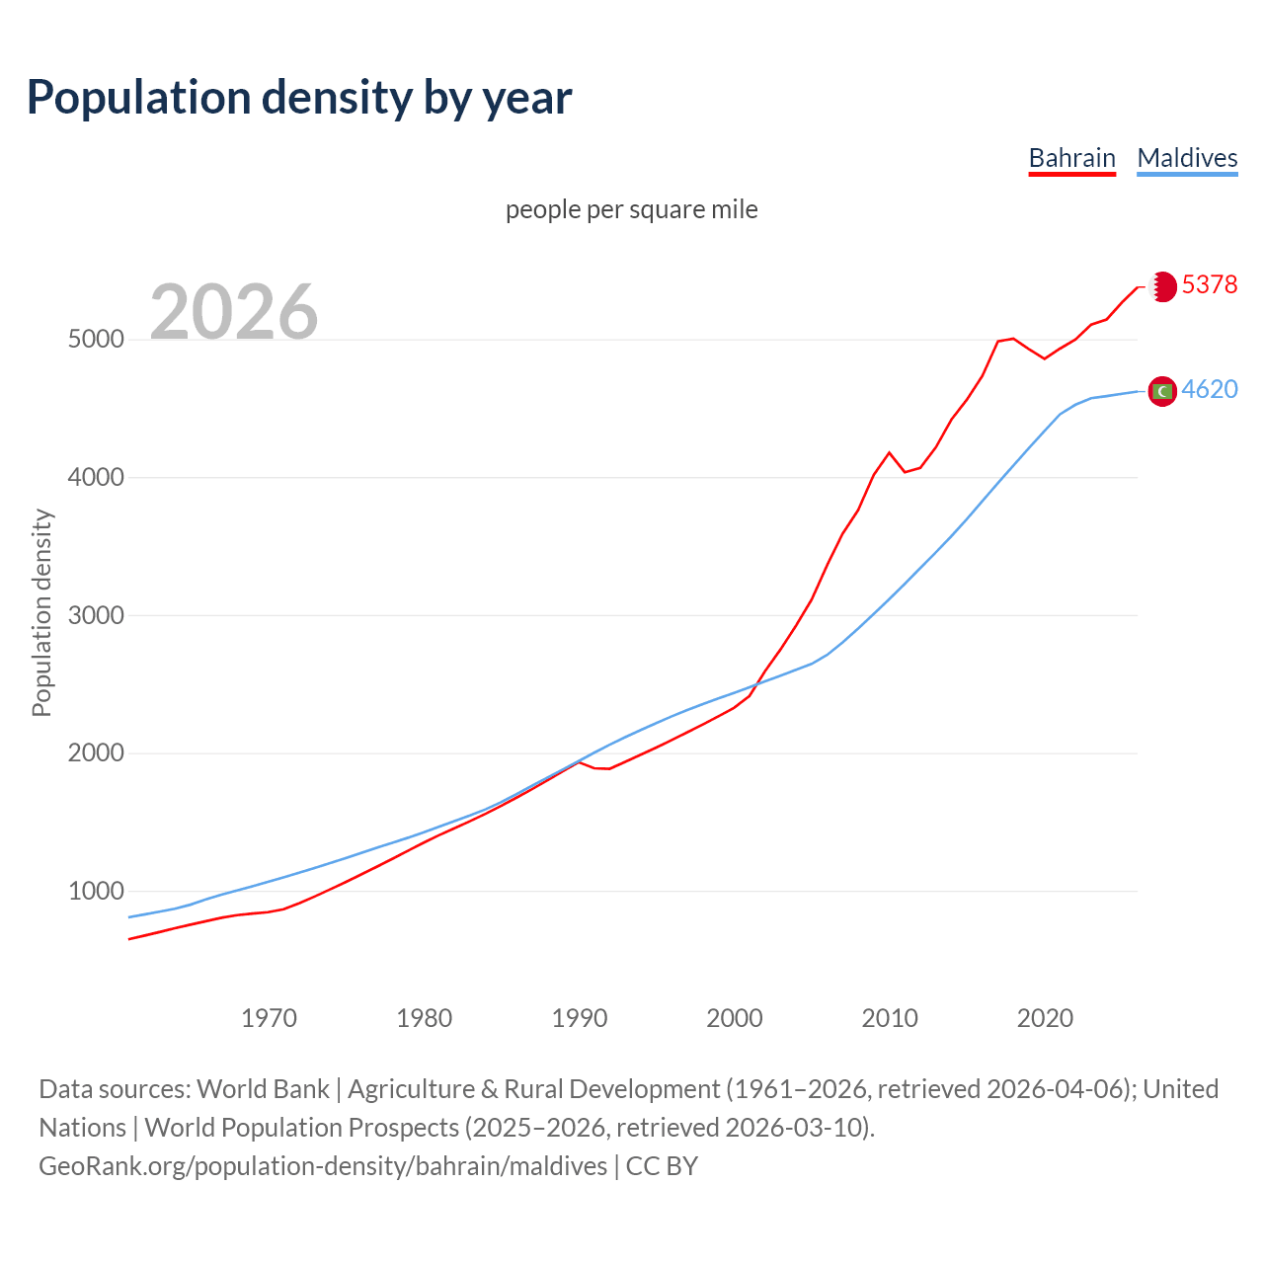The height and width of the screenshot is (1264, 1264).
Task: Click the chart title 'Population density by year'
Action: click(x=299, y=97)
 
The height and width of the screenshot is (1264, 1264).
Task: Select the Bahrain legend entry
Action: click(x=1071, y=158)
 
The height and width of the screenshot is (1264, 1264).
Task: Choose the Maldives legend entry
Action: click(x=1187, y=158)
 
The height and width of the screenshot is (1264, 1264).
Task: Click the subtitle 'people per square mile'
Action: click(x=632, y=210)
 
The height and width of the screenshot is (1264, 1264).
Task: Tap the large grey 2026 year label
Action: click(x=234, y=312)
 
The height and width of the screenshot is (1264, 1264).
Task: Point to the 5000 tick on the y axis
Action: click(x=96, y=340)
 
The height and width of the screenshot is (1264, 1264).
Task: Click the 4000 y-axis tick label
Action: click(x=96, y=478)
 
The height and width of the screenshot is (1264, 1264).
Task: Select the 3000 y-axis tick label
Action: click(x=96, y=616)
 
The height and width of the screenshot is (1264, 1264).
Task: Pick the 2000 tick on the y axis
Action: click(x=96, y=753)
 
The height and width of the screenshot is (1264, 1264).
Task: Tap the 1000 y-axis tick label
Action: click(x=96, y=892)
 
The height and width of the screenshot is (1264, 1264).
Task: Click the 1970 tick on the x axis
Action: click(x=269, y=1018)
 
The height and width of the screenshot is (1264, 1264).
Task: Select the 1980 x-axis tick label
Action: click(x=424, y=1018)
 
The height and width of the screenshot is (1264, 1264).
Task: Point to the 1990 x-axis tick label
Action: click(x=580, y=1018)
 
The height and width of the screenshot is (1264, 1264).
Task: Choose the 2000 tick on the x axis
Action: click(x=735, y=1018)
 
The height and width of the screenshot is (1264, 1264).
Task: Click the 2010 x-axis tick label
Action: click(x=890, y=1018)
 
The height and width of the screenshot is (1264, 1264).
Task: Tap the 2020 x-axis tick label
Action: click(x=1045, y=1018)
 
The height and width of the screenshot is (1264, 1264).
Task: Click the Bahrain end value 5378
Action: click(x=1210, y=285)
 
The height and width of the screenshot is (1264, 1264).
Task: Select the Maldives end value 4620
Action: click(x=1210, y=390)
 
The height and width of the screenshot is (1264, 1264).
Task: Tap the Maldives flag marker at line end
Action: click(x=1162, y=392)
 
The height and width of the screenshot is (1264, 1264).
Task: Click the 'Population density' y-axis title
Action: click(x=41, y=612)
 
